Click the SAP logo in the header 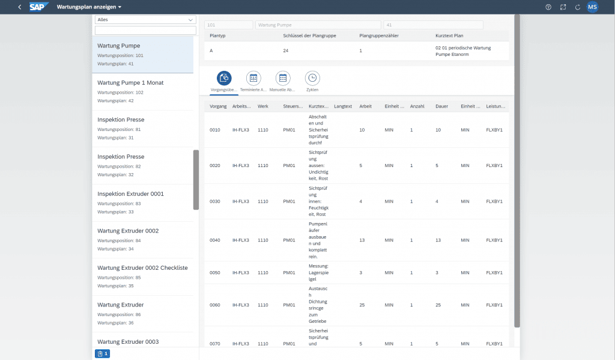click(39, 7)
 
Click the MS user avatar click(592, 7)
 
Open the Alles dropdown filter click(145, 19)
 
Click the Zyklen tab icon click(312, 78)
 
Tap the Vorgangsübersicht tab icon click(224, 78)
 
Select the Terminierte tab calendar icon click(253, 78)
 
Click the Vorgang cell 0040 click(214, 240)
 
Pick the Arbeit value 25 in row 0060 click(362, 305)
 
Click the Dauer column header click(441, 106)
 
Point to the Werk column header click(263, 106)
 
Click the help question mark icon click(548, 7)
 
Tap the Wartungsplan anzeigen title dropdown click(89, 7)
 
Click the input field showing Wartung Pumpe click(318, 25)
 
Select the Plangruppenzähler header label click(378, 35)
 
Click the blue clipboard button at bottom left click(102, 354)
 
